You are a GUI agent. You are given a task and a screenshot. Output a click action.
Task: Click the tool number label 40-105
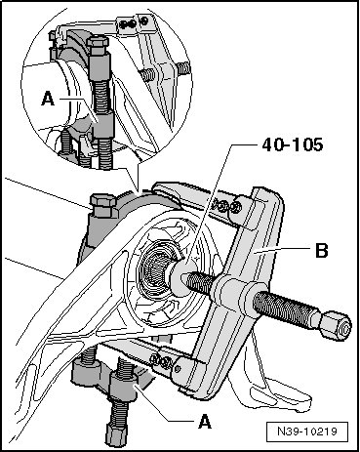pos(293,144)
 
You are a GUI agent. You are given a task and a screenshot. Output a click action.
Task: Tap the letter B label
pos(322,251)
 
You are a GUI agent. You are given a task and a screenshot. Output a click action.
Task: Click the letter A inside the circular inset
pos(48,99)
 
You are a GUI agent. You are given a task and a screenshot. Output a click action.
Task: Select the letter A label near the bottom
pos(205,422)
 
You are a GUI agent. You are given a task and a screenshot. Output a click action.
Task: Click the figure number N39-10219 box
pos(307,431)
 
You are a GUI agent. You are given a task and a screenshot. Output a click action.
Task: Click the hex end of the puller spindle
pos(336,325)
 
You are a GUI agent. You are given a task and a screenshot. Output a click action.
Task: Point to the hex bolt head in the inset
pos(98,46)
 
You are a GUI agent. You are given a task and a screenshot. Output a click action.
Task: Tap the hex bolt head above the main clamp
pos(103,205)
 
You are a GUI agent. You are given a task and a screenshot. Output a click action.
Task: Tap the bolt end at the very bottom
pos(116,436)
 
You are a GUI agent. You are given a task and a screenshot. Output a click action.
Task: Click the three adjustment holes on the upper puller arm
pos(224,206)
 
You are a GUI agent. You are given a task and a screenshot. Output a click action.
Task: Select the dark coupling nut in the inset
pos(102,124)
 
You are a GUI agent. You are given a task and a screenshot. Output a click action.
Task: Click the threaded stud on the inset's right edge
pos(183,67)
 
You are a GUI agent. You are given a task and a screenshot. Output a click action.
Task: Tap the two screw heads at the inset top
pos(134,23)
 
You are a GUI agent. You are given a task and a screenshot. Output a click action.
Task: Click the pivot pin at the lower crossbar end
pos(177,369)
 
